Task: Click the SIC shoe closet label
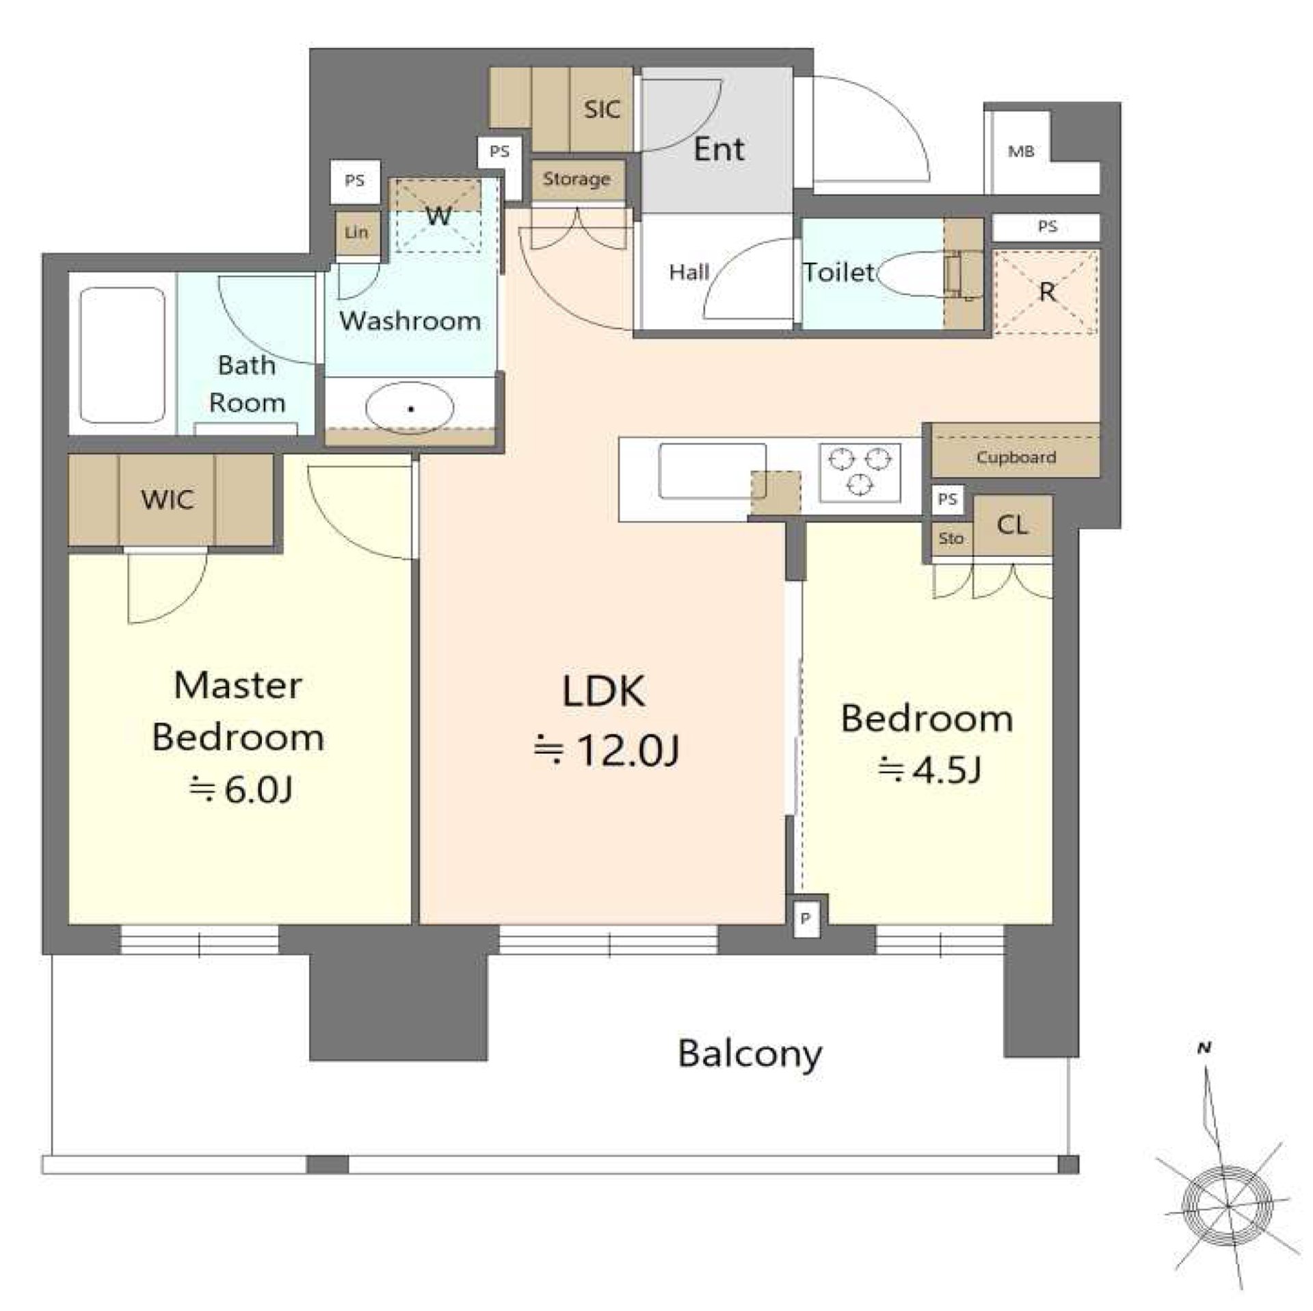(x=602, y=109)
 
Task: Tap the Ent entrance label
(x=719, y=149)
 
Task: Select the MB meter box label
(x=1020, y=151)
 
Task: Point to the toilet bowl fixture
(x=920, y=274)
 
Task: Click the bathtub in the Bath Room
(x=122, y=355)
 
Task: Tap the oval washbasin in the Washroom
(x=410, y=408)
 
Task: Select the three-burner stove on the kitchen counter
(x=860, y=472)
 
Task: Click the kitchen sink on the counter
(x=713, y=471)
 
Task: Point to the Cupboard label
(x=1016, y=457)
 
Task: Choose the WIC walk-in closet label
(x=168, y=499)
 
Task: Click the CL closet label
(x=1012, y=525)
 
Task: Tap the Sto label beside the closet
(x=951, y=538)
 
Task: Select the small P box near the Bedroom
(x=806, y=918)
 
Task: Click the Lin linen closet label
(x=356, y=233)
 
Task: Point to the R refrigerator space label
(x=1046, y=293)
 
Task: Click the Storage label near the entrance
(x=576, y=179)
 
